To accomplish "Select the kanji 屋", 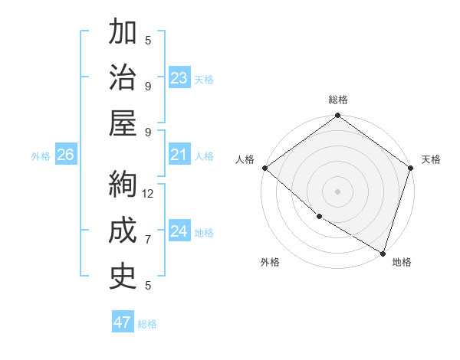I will pyautogui.click(x=123, y=123).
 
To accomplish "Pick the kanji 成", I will pyautogui.click(x=123, y=230).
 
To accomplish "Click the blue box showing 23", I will pyautogui.click(x=179, y=78).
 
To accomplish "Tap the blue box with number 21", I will pyautogui.click(x=179, y=155).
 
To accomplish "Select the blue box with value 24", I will pyautogui.click(x=179, y=231).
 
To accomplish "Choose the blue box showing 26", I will pyautogui.click(x=65, y=155).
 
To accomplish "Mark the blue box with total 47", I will pyautogui.click(x=123, y=322).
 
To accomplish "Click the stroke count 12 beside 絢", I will pyautogui.click(x=149, y=194).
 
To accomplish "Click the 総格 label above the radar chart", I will pyautogui.click(x=338, y=100).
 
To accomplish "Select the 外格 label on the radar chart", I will pyautogui.click(x=270, y=262).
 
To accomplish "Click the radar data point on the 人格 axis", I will pyautogui.click(x=264, y=168).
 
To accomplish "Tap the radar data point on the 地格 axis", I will pyautogui.click(x=383, y=253).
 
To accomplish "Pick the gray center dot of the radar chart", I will pyautogui.click(x=337, y=191).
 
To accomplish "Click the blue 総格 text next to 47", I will pyautogui.click(x=147, y=324).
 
